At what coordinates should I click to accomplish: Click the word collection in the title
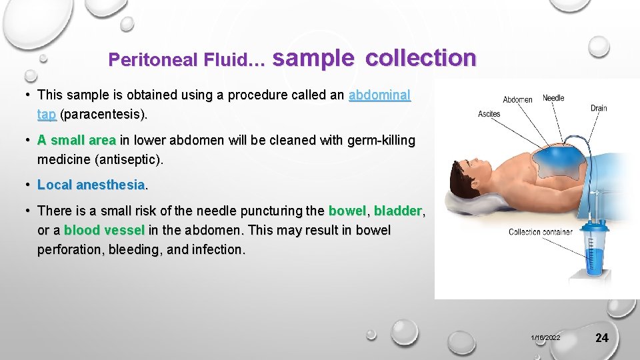421,58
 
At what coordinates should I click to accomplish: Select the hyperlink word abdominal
379,95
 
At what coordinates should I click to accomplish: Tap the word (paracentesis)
103,115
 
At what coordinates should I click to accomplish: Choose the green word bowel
347,211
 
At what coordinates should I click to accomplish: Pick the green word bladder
398,211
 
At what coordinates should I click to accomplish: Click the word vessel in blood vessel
123,231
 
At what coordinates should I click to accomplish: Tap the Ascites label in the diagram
489,114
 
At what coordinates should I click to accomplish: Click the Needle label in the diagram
553,98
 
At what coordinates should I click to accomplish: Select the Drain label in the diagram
599,108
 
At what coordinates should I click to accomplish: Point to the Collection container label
540,232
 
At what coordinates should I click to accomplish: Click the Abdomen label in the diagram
517,100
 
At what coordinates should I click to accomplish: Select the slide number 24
601,338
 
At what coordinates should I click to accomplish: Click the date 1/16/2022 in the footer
546,338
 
